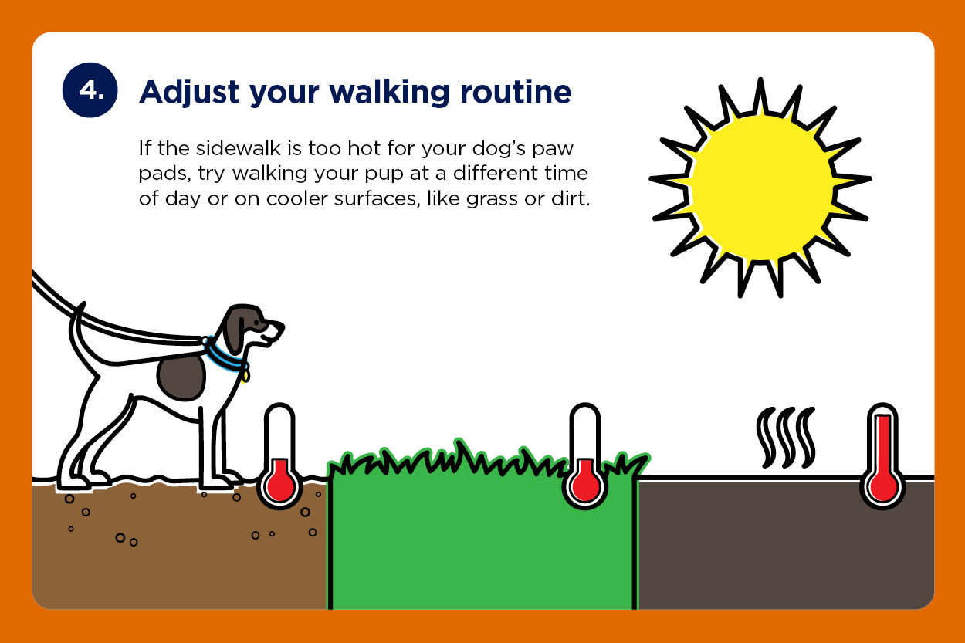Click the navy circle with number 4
pos(90,90)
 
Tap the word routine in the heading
pos(516,92)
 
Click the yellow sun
pos(760,188)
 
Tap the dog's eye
pos(257,323)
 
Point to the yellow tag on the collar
pos(245,377)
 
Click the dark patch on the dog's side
pos(181,377)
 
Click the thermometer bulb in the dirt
pos(280,485)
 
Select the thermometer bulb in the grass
pos(585,485)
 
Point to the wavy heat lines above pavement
pos(786,437)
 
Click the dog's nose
pos(281,326)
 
